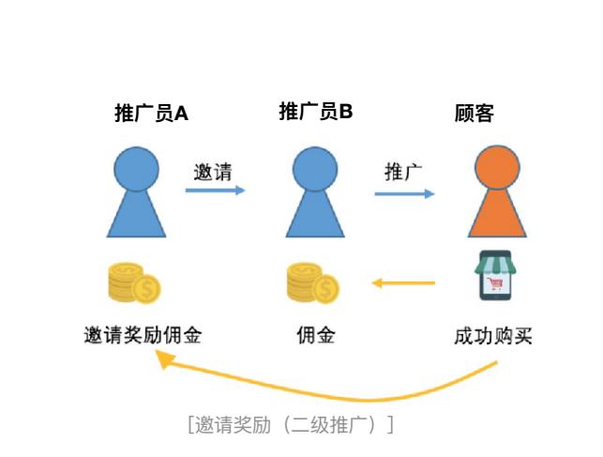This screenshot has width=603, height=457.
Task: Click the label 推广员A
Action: pos(151,114)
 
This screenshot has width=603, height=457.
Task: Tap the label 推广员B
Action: pos(316,113)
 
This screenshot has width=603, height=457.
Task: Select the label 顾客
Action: pos(474,114)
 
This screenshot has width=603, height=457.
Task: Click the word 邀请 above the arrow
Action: pos(213,172)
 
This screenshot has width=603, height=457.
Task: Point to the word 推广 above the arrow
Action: pos(403,172)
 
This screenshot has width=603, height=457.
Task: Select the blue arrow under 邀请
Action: pos(215,190)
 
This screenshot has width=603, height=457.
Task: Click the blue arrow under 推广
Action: pos(404,194)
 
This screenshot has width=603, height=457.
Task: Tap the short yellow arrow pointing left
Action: pos(404,282)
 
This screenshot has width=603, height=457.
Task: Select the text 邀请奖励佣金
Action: pos(142,335)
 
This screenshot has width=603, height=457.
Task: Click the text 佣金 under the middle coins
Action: pos(315,335)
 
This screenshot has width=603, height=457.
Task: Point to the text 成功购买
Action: pos(492,335)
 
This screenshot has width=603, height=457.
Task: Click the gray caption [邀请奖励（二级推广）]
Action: pos(291,424)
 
